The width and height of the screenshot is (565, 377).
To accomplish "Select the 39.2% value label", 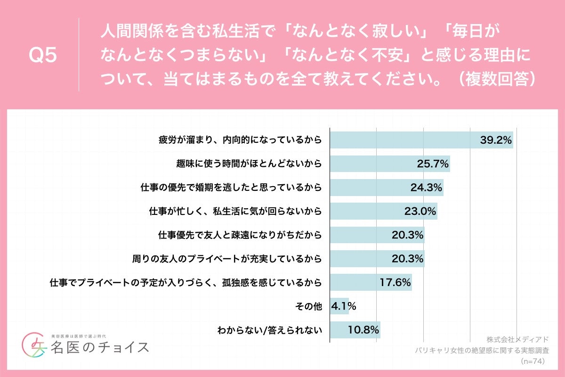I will (x=496, y=140).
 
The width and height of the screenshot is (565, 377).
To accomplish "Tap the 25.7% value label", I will (x=433, y=164).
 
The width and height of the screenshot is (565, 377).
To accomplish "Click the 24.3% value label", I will (x=426, y=188).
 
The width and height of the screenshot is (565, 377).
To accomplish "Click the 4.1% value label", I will (x=343, y=306).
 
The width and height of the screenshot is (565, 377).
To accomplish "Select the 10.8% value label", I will (x=363, y=330).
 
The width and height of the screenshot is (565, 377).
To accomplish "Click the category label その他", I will (x=307, y=306).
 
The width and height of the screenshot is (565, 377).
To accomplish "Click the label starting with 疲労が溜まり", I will (x=240, y=140).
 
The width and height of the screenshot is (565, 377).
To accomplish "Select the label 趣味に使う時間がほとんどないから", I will (x=248, y=164).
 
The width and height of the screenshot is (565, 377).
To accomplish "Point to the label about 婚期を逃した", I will (x=231, y=188).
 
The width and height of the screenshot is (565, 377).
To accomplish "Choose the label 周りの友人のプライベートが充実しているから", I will (x=227, y=259).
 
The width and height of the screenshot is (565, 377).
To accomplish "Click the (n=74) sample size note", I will (x=533, y=361).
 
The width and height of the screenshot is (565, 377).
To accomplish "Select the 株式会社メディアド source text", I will (x=517, y=339).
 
